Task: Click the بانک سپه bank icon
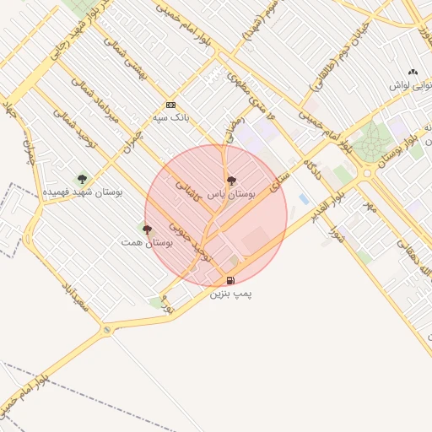171,105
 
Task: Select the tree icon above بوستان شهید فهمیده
82,178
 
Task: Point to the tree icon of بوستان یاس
231,181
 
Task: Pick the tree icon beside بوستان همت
147,229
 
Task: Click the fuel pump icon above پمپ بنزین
230,280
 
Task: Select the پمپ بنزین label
231,294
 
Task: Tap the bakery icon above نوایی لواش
412,73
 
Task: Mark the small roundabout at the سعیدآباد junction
106,330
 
